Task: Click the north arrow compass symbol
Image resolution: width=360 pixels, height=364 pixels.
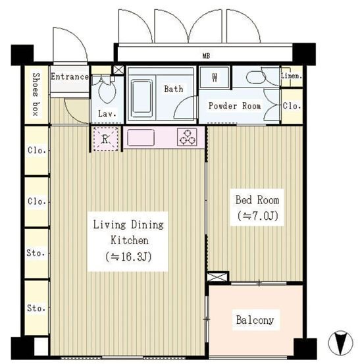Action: tap(340, 343)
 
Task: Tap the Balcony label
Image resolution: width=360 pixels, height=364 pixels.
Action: tap(255, 320)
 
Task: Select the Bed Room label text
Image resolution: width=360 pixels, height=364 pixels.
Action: tap(257, 200)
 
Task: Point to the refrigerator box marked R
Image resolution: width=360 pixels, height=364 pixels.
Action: tap(105, 139)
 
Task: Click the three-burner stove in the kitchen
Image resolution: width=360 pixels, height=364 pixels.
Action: tap(187, 137)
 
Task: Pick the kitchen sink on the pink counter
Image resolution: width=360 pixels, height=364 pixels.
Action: tap(141, 138)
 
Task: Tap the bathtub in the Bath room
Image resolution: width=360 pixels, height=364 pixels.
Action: tap(141, 99)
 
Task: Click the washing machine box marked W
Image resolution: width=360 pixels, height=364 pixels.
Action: tap(215, 77)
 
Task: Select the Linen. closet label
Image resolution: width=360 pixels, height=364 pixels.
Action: tap(292, 76)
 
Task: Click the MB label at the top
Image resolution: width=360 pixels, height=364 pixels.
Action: tap(206, 56)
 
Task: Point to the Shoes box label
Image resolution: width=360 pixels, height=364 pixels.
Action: tap(36, 94)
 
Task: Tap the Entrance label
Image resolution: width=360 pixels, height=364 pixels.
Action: tap(70, 76)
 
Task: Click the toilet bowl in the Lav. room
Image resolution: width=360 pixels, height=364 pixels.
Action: tap(107, 91)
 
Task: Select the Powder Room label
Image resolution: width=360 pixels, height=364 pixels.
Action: tap(234, 106)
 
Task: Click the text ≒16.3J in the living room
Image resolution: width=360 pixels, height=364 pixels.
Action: tap(128, 257)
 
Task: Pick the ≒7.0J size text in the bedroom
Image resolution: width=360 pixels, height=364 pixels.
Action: tap(257, 216)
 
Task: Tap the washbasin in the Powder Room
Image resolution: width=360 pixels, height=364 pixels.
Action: tap(256, 77)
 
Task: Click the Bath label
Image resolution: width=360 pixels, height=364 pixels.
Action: tap(173, 89)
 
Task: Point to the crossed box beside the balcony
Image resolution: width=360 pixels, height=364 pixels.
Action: tap(217, 277)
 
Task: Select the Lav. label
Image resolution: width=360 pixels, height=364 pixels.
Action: tap(107, 113)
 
